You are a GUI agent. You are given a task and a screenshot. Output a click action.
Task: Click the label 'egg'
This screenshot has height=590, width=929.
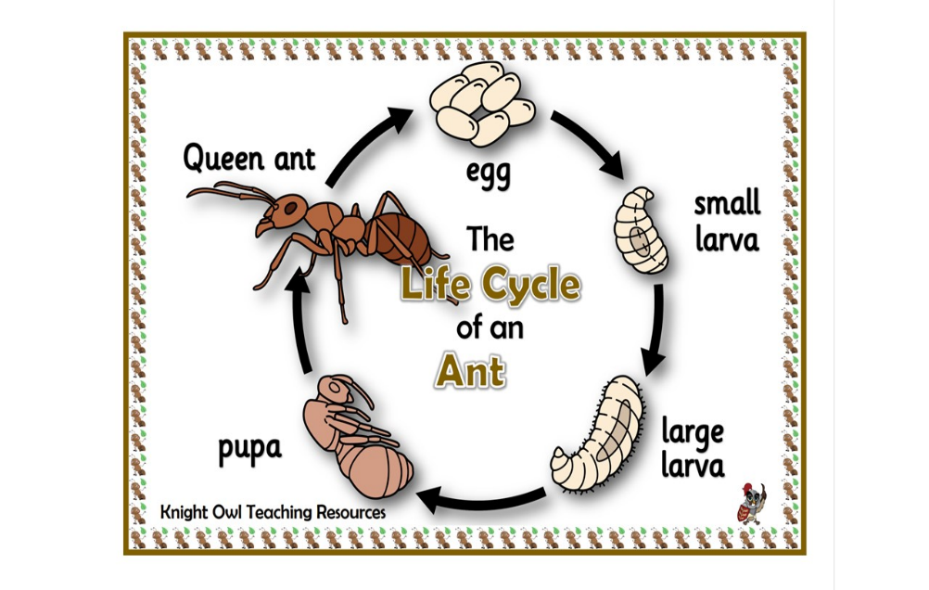tap(488, 173)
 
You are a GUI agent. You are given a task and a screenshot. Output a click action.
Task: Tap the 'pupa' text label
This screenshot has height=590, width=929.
tap(249, 449)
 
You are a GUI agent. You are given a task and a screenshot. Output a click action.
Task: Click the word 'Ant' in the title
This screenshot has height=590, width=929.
tap(470, 371)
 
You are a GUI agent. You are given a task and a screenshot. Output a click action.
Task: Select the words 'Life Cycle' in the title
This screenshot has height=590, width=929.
tap(490, 285)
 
